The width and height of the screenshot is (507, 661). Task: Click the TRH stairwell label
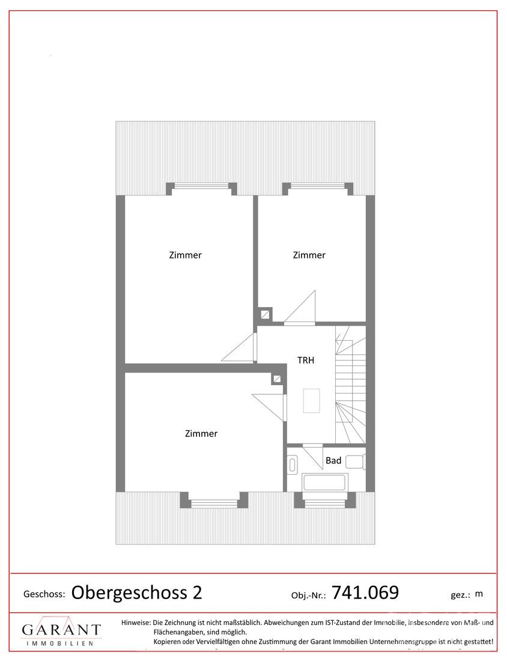[306, 361]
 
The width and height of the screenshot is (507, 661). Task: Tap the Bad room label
[333, 461]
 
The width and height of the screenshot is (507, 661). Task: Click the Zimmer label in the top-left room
[185, 255]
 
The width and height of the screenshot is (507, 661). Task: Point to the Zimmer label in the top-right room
[309, 255]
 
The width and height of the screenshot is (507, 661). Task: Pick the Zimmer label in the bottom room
[201, 434]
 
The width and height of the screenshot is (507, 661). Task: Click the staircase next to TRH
[350, 385]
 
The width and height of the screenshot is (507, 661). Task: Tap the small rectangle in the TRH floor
[311, 400]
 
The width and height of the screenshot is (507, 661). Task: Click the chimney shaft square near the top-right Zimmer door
[265, 314]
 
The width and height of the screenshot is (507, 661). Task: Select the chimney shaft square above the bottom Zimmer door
[277, 379]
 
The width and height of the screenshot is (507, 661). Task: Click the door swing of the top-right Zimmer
[300, 307]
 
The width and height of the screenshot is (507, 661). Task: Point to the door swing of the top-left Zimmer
[239, 347]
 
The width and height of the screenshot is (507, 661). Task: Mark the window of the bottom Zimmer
[214, 502]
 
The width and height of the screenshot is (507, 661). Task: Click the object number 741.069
[365, 592]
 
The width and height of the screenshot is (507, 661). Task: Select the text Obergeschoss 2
[136, 592]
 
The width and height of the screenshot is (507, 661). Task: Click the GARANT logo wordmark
[61, 630]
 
